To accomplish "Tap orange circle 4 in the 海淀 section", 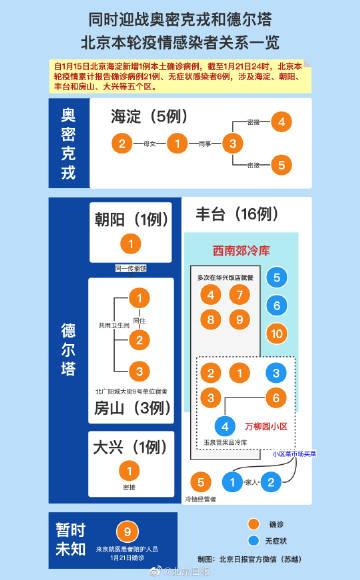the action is coord(283,122).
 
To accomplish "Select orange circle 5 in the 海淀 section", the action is coord(283,163).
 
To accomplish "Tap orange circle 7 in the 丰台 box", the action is coord(239,294).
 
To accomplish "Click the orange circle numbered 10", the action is coord(277,332).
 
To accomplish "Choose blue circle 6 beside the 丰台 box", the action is coord(277,305).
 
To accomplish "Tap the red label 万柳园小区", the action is coord(264,424).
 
